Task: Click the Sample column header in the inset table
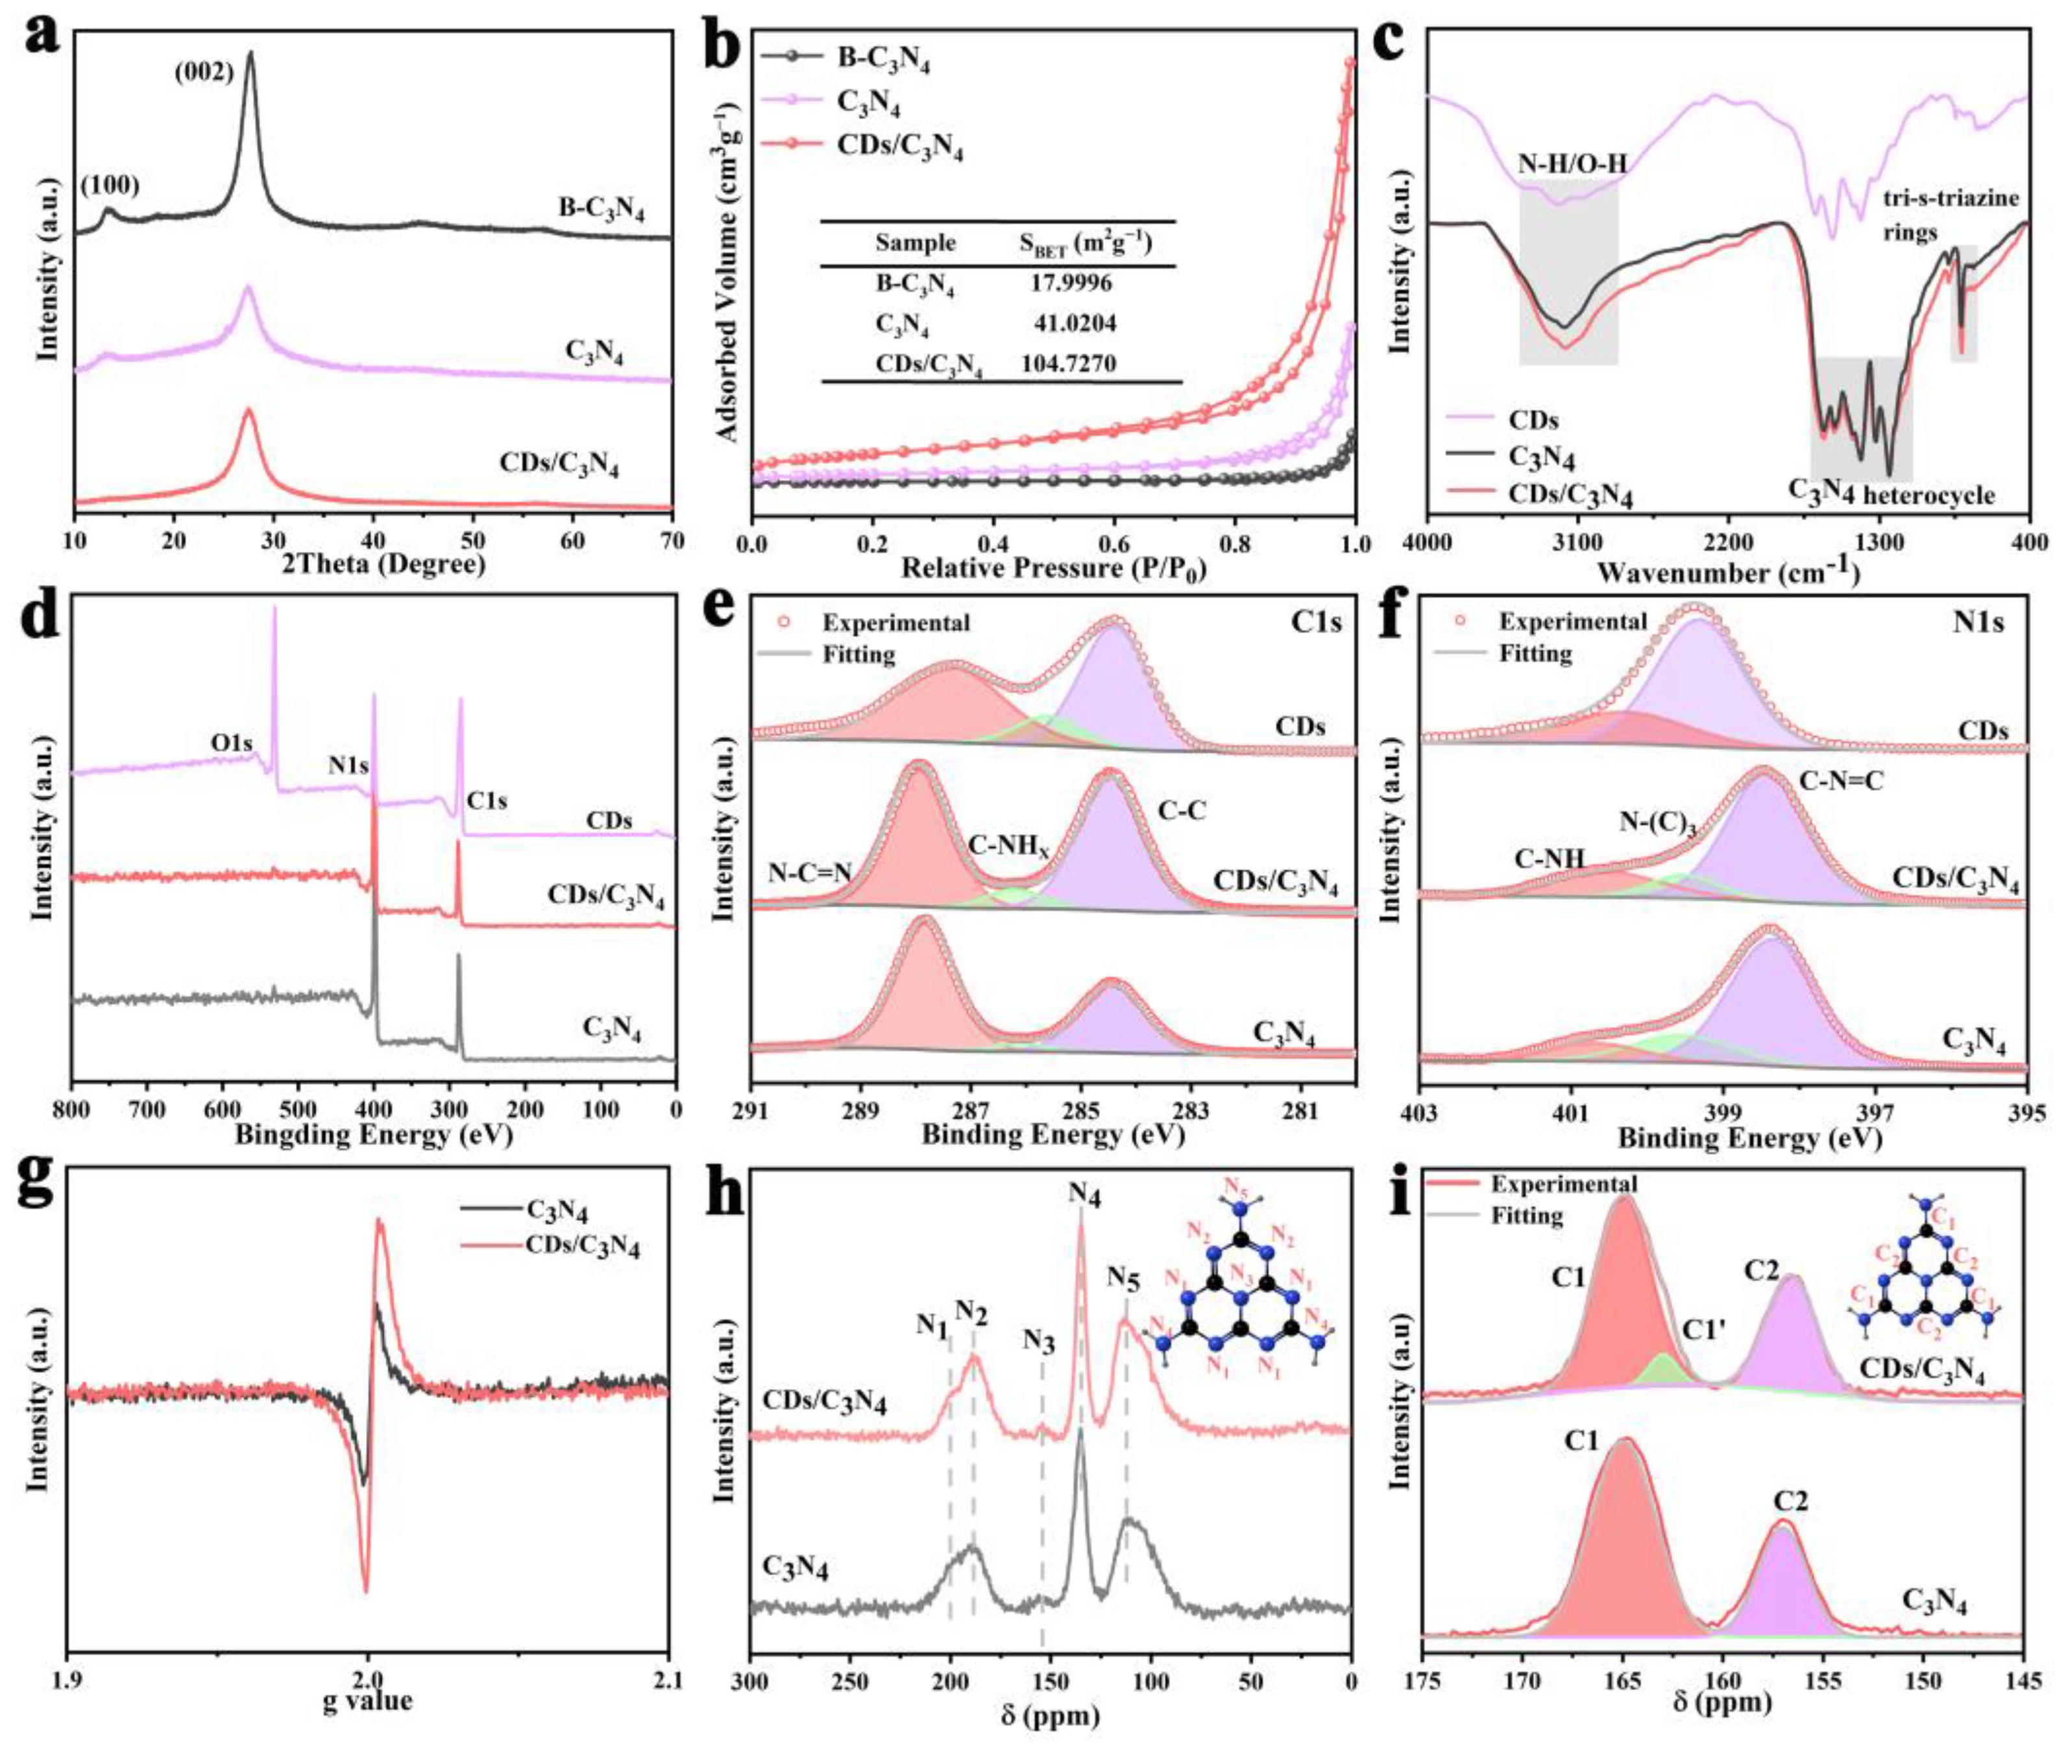click(x=914, y=243)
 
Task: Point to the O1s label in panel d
click(x=231, y=741)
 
